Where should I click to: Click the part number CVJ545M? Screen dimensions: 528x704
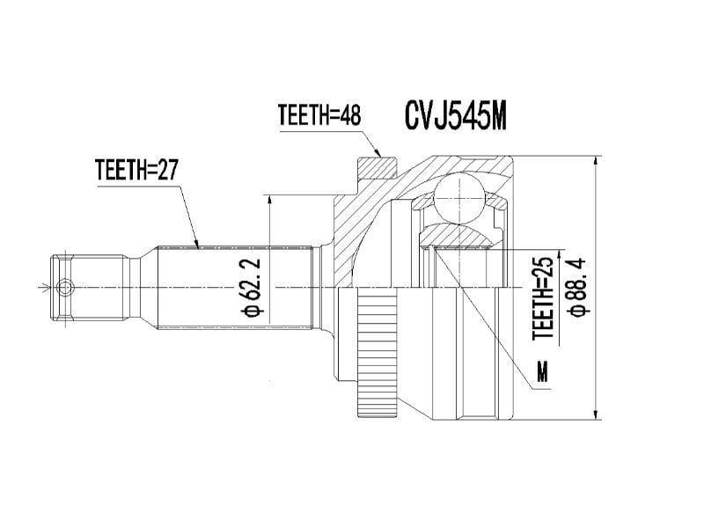click(x=455, y=116)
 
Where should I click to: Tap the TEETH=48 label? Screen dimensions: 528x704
click(x=319, y=115)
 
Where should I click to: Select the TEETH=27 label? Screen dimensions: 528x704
click(x=136, y=170)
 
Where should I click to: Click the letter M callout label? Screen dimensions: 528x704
click(x=542, y=372)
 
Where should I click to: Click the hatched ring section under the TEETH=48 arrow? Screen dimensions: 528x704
click(x=377, y=166)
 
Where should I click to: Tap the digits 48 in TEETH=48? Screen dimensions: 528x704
click(x=350, y=115)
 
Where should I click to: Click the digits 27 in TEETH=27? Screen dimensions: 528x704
click(x=168, y=170)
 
